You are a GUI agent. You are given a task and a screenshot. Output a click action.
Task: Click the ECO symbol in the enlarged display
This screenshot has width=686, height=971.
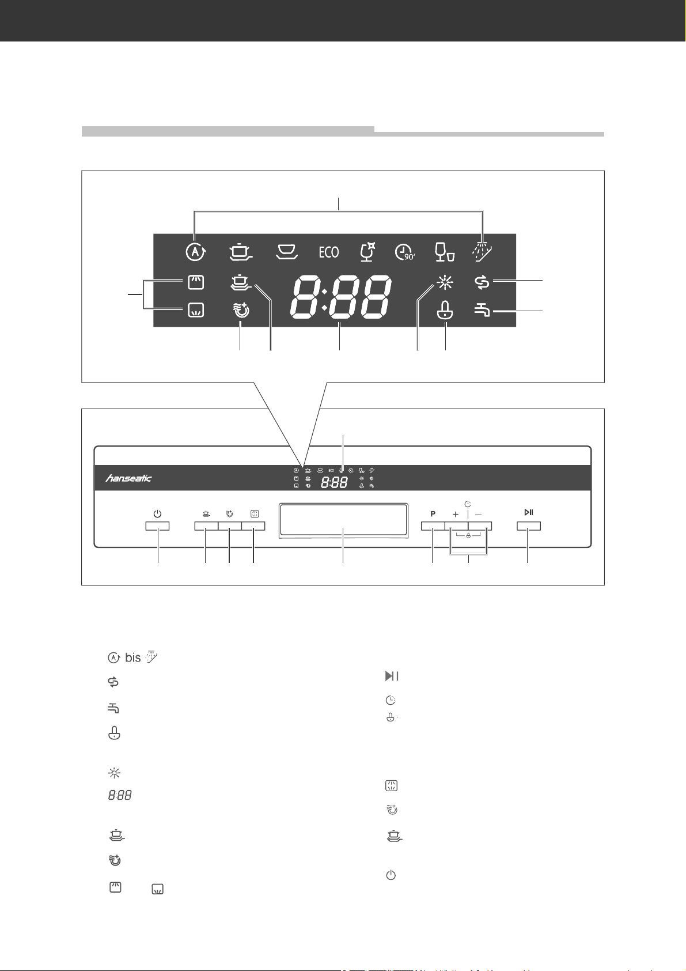point(328,252)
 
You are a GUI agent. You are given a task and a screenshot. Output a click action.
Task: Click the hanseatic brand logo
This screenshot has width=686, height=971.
point(128,478)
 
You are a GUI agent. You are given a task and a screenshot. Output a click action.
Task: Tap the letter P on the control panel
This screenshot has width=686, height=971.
point(433,514)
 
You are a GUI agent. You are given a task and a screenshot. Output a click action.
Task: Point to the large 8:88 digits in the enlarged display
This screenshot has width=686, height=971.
point(340,296)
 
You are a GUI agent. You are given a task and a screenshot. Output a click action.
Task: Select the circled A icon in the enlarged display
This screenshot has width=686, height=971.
point(196,252)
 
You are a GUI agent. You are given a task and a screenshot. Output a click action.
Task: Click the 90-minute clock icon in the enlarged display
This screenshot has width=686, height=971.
point(405,252)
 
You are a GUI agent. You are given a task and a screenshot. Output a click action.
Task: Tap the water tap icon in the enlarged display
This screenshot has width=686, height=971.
point(482,309)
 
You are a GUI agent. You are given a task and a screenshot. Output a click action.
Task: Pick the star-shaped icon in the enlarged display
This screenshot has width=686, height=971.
point(445,283)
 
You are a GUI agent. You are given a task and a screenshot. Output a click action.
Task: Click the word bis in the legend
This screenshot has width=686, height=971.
point(132,658)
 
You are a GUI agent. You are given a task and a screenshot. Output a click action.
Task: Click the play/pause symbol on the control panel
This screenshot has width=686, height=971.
point(529,512)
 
